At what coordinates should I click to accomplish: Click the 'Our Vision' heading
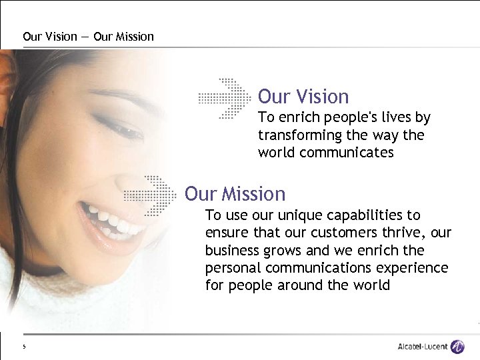[303, 97]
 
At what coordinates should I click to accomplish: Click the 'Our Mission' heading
[235, 194]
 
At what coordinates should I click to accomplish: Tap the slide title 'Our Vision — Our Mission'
[88, 37]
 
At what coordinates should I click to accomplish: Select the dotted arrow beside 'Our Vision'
[227, 97]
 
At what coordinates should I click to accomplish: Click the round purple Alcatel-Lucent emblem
[457, 347]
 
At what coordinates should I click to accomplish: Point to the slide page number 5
[23, 347]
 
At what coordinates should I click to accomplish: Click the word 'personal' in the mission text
[233, 268]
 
